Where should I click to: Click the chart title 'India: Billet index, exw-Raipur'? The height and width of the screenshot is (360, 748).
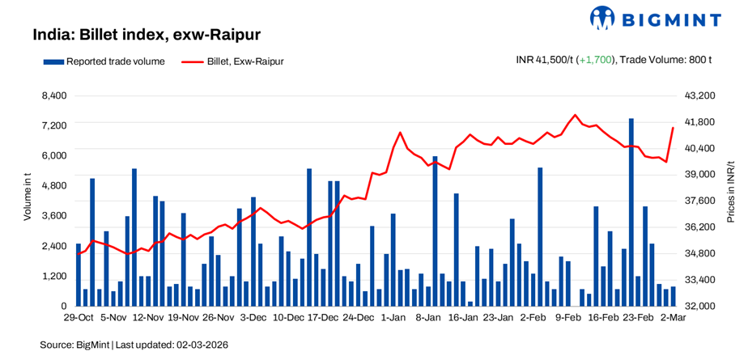tap(146, 36)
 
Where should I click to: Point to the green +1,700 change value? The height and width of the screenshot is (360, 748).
tap(595, 60)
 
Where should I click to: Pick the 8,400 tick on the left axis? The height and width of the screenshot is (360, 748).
tap(54, 95)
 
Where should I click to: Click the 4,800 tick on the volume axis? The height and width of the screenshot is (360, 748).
tap(54, 185)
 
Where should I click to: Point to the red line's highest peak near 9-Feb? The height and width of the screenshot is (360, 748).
tap(575, 115)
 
